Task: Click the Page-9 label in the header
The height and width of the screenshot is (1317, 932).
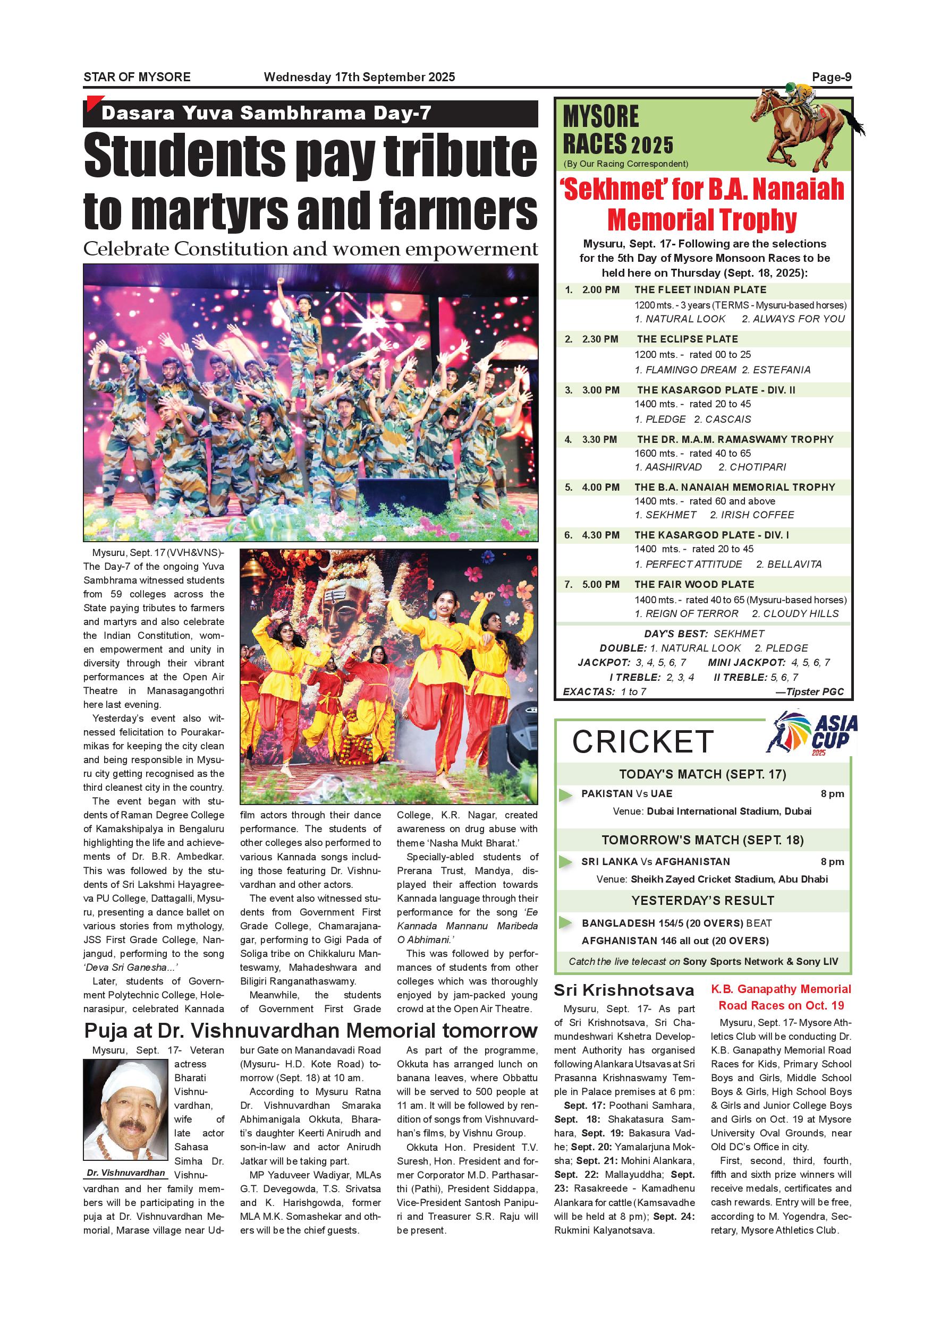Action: [831, 77]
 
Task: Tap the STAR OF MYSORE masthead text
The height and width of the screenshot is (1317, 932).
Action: [137, 77]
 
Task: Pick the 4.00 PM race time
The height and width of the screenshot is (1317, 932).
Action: [600, 487]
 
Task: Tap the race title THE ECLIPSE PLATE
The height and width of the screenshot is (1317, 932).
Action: [687, 339]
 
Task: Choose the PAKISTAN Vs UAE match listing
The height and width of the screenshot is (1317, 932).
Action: [626, 794]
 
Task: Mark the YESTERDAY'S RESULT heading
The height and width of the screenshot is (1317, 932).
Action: [702, 901]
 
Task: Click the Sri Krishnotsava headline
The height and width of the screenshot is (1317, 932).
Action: [624, 989]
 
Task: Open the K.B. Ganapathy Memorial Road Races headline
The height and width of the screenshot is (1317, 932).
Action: [781, 997]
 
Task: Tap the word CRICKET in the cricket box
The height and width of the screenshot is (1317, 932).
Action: [643, 742]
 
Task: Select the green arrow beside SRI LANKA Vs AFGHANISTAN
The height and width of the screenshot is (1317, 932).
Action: [565, 861]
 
